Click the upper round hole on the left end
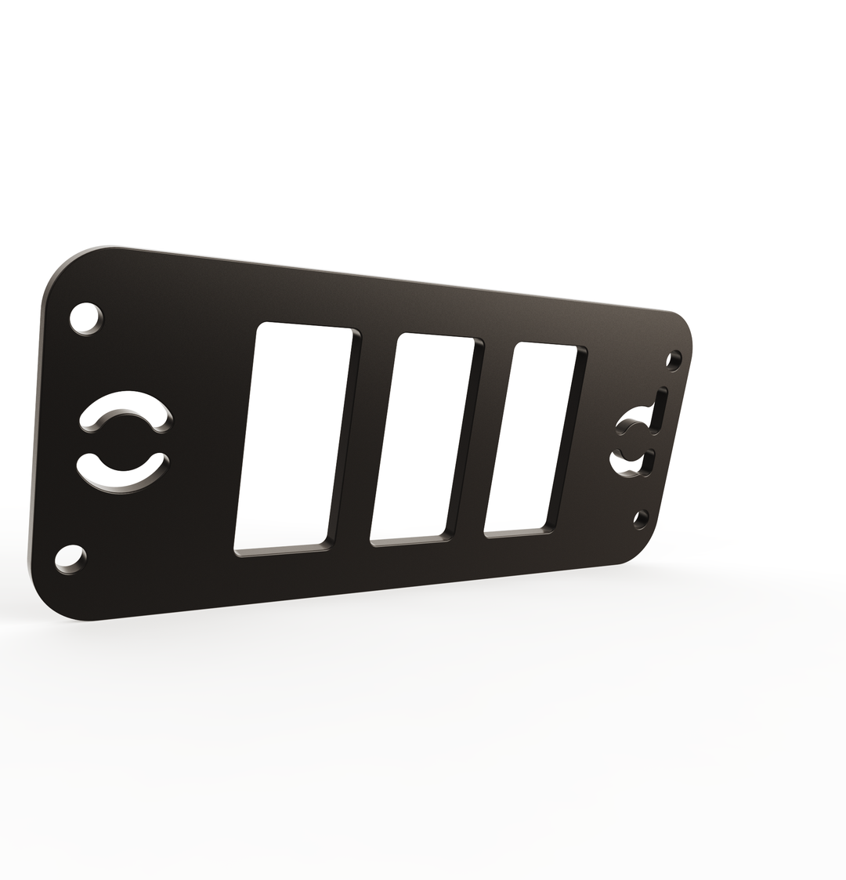[85, 318]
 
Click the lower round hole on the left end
[69, 559]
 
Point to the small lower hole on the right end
[640, 518]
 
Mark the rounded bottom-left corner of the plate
[51, 599]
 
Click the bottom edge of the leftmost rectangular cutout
[280, 551]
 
